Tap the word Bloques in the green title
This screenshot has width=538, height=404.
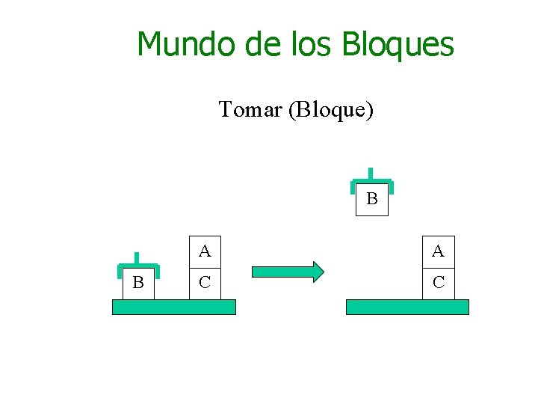[x=398, y=44]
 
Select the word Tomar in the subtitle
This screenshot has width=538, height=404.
[x=250, y=110]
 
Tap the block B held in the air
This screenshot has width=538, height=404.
[x=372, y=200]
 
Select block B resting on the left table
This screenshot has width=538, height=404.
[x=138, y=283]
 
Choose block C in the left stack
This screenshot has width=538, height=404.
[x=205, y=283]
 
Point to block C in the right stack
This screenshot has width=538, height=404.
[x=438, y=283]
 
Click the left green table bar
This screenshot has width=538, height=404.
[x=173, y=307]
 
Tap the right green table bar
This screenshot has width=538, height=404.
[x=407, y=307]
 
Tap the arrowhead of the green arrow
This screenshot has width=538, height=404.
[x=318, y=271]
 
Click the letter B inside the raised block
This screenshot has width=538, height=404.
[x=372, y=200]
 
